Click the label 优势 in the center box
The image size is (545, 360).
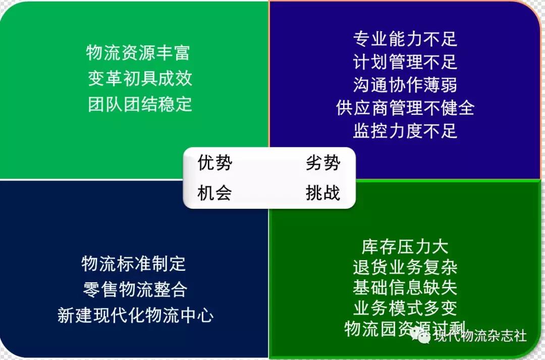pyautogui.click(x=215, y=162)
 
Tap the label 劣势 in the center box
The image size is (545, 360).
pyautogui.click(x=323, y=162)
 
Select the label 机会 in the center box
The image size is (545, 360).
pyautogui.click(x=215, y=193)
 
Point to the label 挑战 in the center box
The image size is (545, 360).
pyautogui.click(x=323, y=193)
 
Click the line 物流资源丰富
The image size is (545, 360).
pyautogui.click(x=138, y=53)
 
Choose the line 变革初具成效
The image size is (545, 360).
pyautogui.click(x=140, y=78)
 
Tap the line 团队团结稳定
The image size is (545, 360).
pyautogui.click(x=140, y=104)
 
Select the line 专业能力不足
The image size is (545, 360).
pyautogui.click(x=405, y=38)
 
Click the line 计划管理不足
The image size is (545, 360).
pyautogui.click(x=405, y=62)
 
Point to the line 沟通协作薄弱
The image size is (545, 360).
pyautogui.click(x=405, y=85)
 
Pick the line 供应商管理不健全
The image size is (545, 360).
pyautogui.click(x=405, y=107)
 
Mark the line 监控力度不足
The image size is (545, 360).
pyautogui.click(x=405, y=131)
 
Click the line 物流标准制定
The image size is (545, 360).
pyautogui.click(x=134, y=264)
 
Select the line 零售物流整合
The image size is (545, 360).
pyautogui.click(x=135, y=289)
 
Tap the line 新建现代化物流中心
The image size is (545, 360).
pyautogui.click(x=136, y=315)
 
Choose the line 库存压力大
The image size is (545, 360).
pyautogui.click(x=405, y=247)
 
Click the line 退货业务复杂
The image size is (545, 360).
pyautogui.click(x=405, y=267)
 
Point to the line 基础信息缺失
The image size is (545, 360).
pyautogui.click(x=405, y=288)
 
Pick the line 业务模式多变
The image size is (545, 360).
pyautogui.click(x=405, y=308)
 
